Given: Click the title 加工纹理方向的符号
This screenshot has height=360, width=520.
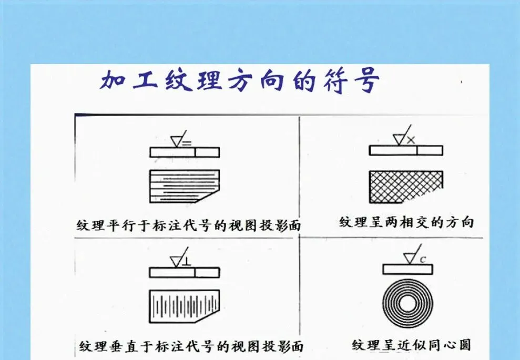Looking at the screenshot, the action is [x=240, y=82].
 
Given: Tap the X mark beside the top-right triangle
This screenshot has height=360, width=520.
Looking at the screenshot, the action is [x=411, y=140].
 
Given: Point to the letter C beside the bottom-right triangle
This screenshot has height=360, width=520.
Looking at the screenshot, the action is [x=422, y=259].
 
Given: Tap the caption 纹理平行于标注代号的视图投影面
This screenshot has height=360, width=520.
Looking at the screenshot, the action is [x=187, y=225].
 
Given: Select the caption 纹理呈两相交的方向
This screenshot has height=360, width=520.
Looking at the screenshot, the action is [x=406, y=222].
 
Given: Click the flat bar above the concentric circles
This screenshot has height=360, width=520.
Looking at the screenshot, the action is [x=407, y=269].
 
